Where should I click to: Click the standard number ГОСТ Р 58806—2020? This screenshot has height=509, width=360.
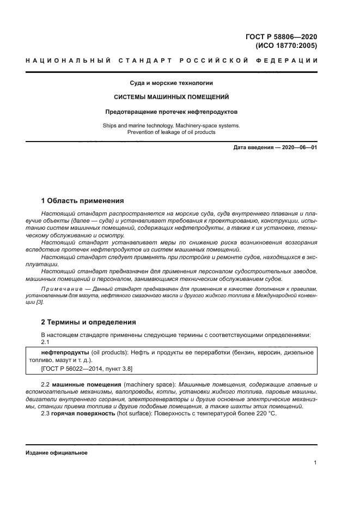tap(281, 37)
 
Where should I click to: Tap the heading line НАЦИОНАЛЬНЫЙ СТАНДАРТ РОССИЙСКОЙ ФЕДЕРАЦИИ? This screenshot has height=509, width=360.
tap(172, 60)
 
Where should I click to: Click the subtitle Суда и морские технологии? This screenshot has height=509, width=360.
tap(170, 83)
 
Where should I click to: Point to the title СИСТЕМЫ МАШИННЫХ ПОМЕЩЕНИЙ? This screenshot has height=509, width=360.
tap(170, 97)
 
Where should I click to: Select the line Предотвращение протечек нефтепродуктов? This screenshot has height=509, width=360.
tap(171, 112)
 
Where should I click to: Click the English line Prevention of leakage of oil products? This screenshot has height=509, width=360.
tap(171, 132)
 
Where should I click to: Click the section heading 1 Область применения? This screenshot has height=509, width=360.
tap(83, 200)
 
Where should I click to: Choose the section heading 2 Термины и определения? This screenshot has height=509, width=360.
tap(88, 322)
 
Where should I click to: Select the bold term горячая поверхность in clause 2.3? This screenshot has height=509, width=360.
tap(83, 413)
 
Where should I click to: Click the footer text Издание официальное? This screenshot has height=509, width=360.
tap(56, 452)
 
